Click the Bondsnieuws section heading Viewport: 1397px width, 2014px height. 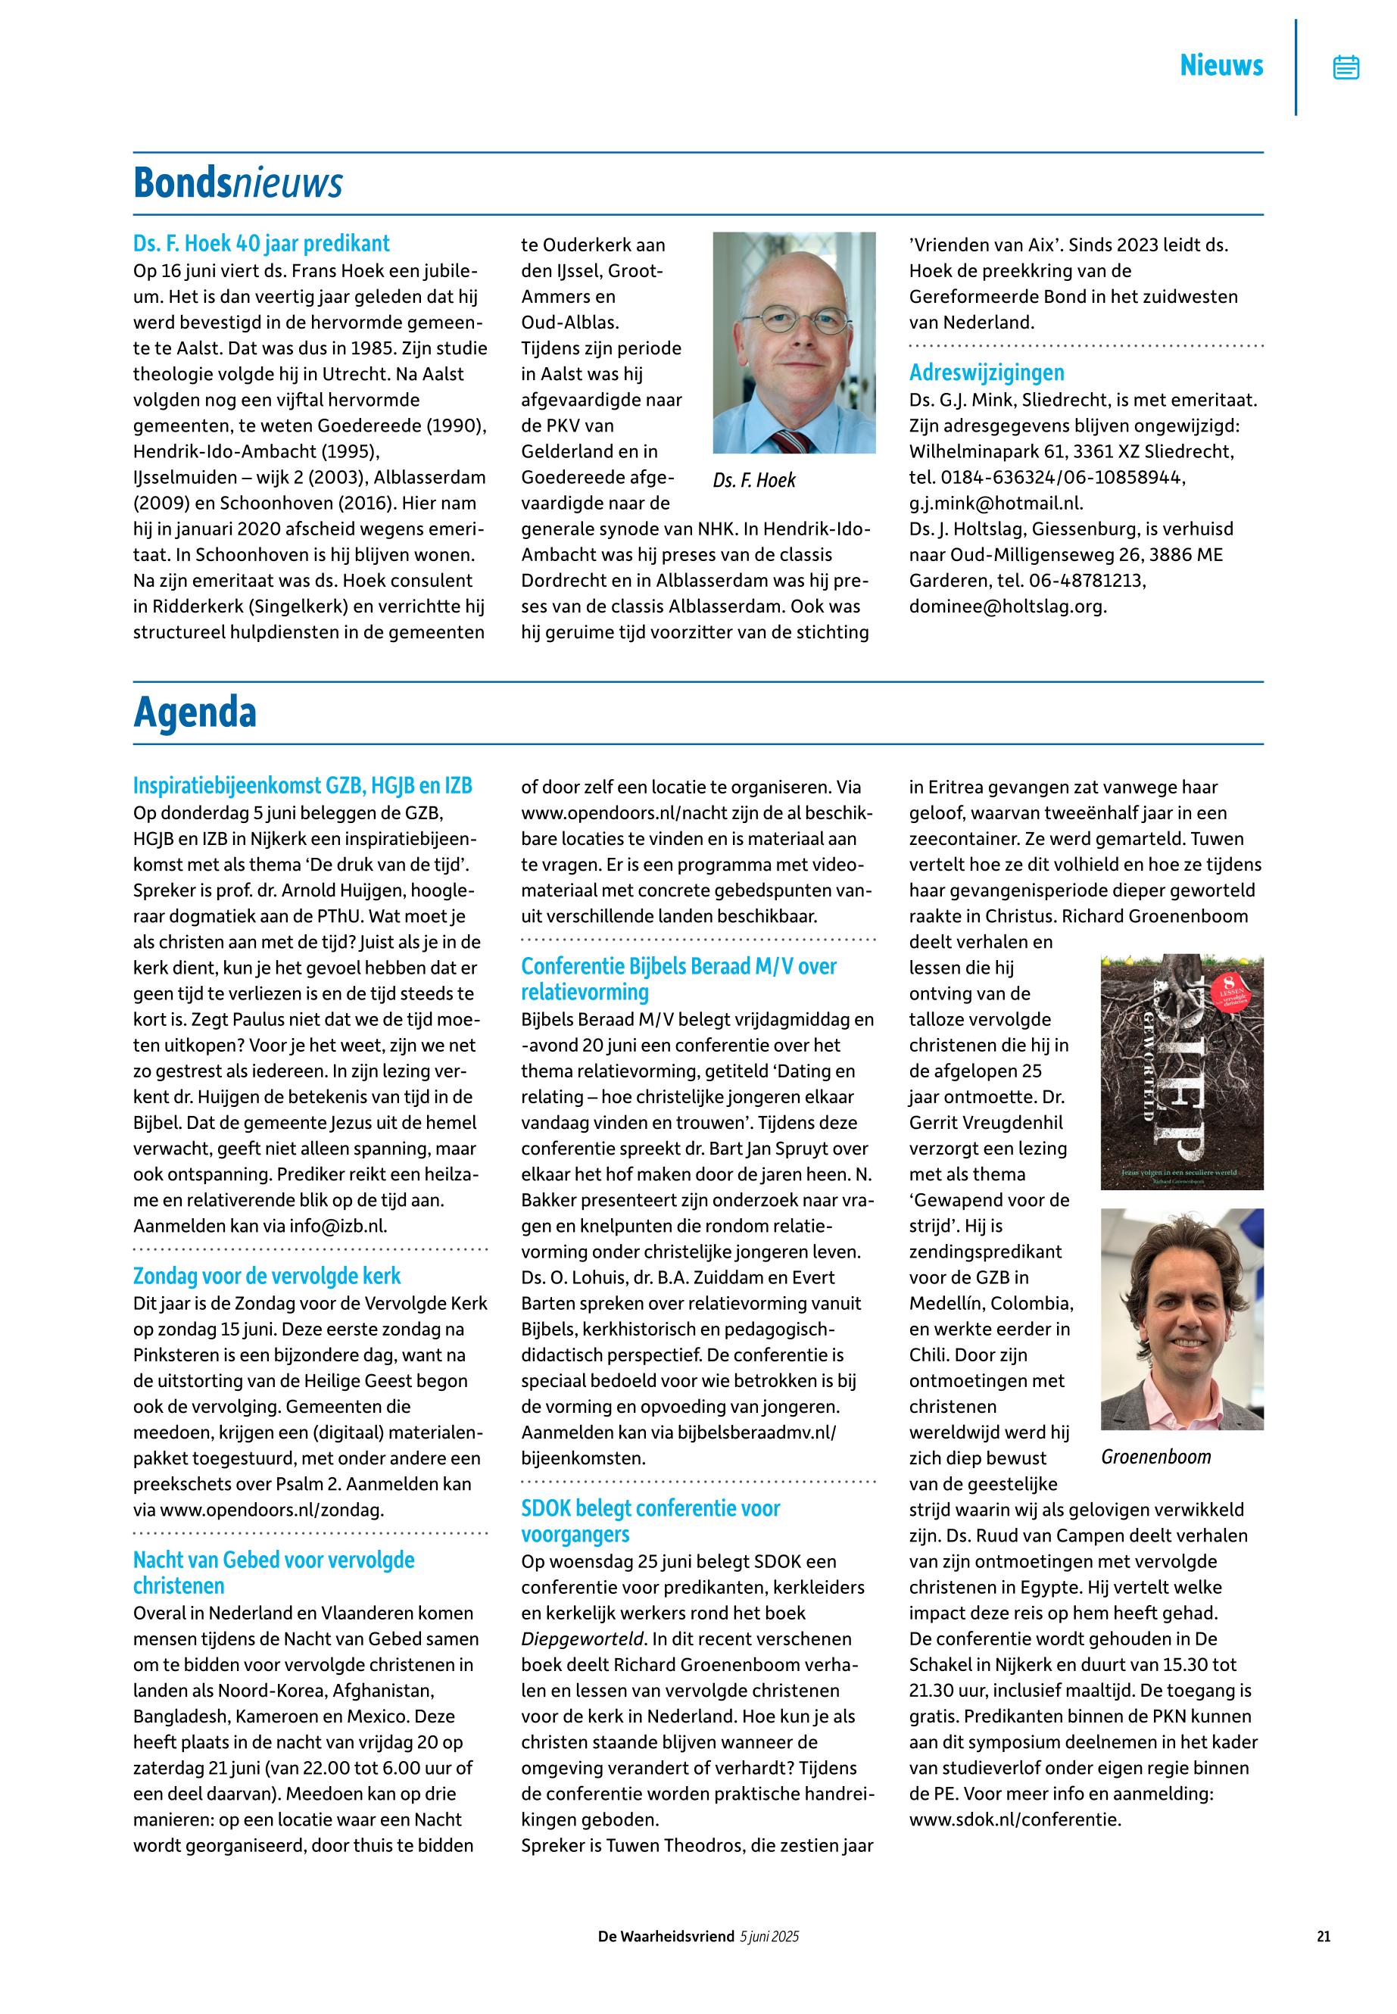237,184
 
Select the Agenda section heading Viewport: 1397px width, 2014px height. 195,712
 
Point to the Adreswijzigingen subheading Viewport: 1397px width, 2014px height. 987,372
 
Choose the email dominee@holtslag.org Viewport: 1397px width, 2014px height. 1008,606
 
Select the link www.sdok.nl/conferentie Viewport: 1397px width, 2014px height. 1015,1819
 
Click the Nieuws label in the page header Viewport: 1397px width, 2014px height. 1221,66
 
